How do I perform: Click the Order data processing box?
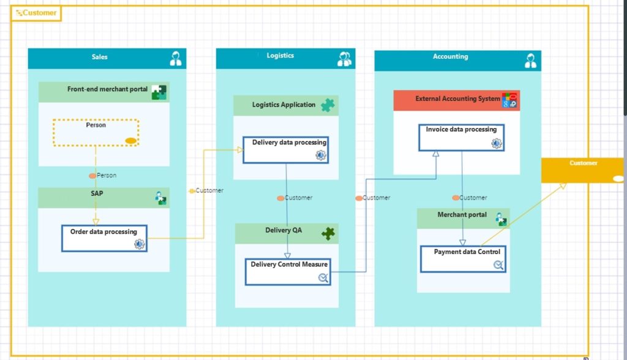click(x=104, y=238)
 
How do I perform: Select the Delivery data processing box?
click(x=285, y=149)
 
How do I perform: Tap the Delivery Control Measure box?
click(x=288, y=271)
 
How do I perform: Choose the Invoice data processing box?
click(x=461, y=137)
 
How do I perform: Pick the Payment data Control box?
click(x=463, y=259)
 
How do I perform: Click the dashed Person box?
click(x=96, y=132)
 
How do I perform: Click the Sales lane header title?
click(x=99, y=57)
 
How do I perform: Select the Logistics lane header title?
click(x=280, y=56)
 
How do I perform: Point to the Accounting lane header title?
click(x=450, y=56)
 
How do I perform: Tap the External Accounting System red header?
click(x=457, y=99)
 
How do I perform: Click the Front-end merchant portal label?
click(x=107, y=89)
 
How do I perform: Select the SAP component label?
click(x=97, y=193)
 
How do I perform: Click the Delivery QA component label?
click(x=283, y=230)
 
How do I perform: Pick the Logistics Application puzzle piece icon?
click(x=328, y=105)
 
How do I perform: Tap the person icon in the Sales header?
click(x=176, y=59)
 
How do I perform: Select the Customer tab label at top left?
click(x=36, y=13)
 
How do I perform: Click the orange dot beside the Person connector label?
click(x=92, y=176)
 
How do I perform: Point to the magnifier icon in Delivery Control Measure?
click(x=323, y=278)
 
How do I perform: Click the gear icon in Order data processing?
click(x=139, y=244)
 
